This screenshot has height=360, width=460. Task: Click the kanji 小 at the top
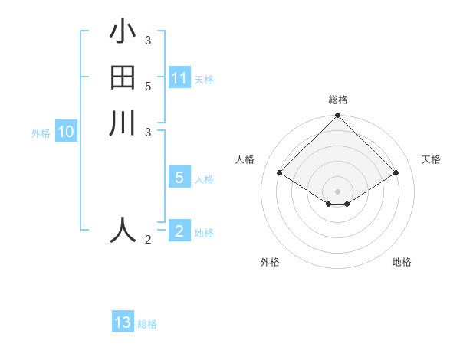pyautogui.click(x=123, y=32)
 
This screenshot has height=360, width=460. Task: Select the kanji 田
pyautogui.click(x=123, y=78)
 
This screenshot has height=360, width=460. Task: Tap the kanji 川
pyautogui.click(x=123, y=123)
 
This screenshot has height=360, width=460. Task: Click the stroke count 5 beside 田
pyautogui.click(x=147, y=86)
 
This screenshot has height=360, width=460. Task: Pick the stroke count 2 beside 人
pyautogui.click(x=147, y=241)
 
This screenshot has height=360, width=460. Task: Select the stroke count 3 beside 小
pyautogui.click(x=147, y=40)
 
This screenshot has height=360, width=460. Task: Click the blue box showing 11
pyautogui.click(x=179, y=78)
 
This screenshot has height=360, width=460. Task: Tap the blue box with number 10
pyautogui.click(x=66, y=132)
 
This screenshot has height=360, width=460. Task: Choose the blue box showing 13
pyautogui.click(x=123, y=322)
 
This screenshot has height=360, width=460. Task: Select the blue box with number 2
pyautogui.click(x=179, y=231)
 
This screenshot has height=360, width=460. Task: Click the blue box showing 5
pyautogui.click(x=179, y=178)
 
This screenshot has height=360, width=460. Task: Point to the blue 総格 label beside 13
pyautogui.click(x=147, y=324)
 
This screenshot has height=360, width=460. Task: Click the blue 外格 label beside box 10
pyautogui.click(x=41, y=133)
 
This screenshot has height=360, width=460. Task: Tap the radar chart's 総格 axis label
pyautogui.click(x=337, y=100)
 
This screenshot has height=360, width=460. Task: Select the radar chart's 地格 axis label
pyautogui.click(x=402, y=262)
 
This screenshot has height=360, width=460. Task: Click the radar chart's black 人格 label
pyautogui.click(x=245, y=159)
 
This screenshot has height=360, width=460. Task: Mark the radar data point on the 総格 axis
pyautogui.click(x=337, y=116)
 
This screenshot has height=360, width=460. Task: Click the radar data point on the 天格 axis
pyautogui.click(x=396, y=173)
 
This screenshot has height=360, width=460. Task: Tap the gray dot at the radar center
pyautogui.click(x=337, y=191)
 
